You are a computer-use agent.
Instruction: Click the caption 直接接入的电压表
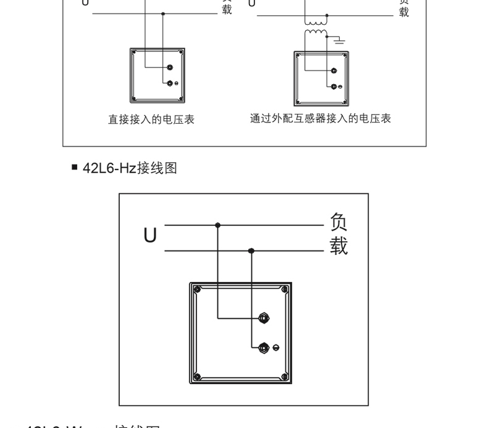(151, 119)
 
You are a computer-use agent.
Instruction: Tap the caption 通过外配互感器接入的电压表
(321, 118)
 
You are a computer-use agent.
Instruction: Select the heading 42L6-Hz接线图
(130, 168)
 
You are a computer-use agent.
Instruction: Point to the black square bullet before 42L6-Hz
(75, 167)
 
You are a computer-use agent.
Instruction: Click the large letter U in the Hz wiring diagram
(149, 236)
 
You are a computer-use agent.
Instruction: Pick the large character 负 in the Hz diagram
(339, 221)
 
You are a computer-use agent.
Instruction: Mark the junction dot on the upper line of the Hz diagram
(217, 225)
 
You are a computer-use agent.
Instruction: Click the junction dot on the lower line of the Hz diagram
(251, 250)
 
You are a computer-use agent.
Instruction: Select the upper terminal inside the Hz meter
(264, 319)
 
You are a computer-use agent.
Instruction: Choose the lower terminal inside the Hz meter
(264, 347)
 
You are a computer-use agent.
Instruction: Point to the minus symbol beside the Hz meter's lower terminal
(276, 348)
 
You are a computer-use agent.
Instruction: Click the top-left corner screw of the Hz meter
(196, 289)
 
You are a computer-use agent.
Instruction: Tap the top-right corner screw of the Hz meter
(284, 289)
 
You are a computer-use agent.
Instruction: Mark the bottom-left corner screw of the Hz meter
(196, 377)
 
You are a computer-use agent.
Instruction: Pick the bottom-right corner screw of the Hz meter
(284, 377)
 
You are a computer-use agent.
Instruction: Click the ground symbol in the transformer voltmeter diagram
(339, 40)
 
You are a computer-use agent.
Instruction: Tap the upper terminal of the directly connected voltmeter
(170, 67)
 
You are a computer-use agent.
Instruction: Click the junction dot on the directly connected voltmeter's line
(163, 13)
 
